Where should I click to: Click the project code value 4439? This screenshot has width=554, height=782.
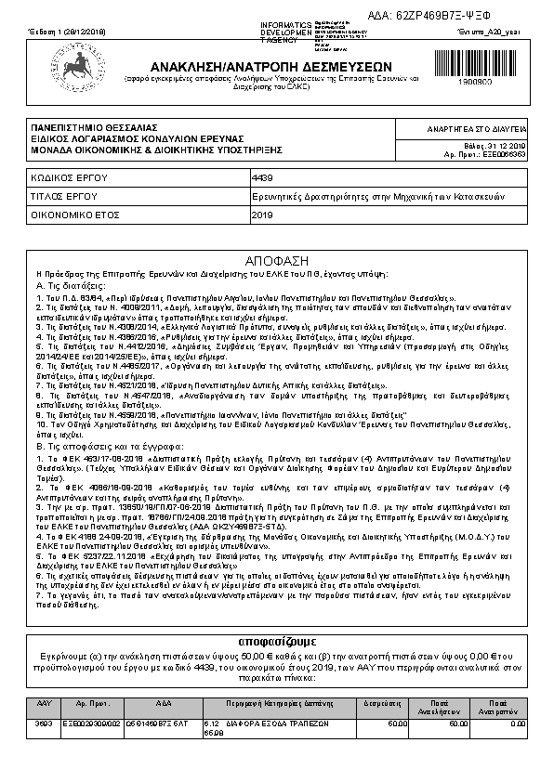click(263, 176)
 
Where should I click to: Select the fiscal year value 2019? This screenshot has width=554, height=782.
click(263, 215)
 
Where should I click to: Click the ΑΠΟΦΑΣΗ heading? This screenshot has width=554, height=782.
click(276, 261)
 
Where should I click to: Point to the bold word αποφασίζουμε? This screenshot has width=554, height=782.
click(276, 641)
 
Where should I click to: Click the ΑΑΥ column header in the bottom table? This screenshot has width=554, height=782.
click(42, 703)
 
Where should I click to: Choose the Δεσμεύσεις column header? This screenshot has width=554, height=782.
click(381, 703)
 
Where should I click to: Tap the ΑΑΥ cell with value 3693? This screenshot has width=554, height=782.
click(42, 722)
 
